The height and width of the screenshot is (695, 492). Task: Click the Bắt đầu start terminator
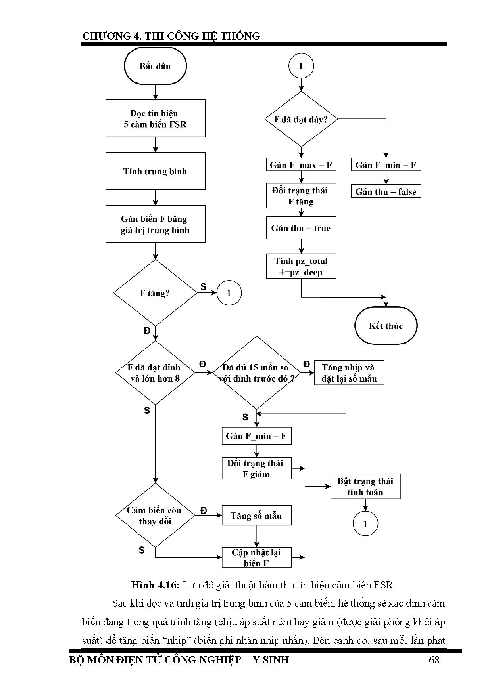point(155,66)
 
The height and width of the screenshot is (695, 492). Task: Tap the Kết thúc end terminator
point(386,326)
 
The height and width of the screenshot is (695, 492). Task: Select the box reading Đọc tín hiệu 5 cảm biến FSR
point(155,118)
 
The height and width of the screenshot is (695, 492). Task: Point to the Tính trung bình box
point(155,171)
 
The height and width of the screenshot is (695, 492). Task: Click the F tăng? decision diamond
point(155,293)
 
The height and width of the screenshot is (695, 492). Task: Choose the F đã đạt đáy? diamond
point(301,119)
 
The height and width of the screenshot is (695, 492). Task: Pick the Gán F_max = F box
point(301,165)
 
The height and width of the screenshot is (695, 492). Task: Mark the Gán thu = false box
point(386,192)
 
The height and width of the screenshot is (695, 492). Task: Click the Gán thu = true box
point(301,228)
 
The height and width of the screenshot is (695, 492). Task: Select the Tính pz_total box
point(301,266)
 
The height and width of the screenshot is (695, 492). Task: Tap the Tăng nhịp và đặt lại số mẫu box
point(349,373)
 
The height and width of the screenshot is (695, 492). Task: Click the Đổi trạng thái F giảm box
point(256,468)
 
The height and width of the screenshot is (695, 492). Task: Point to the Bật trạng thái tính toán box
point(365,487)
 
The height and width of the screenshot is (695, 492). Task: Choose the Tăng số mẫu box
point(256,516)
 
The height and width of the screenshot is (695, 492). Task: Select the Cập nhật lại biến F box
point(256,558)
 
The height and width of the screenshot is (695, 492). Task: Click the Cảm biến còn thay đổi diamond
point(155,516)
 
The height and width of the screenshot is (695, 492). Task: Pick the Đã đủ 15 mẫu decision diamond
point(256,373)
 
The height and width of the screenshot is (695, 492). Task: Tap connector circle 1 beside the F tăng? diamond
point(229,293)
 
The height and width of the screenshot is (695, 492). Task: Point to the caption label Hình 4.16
point(156,585)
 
